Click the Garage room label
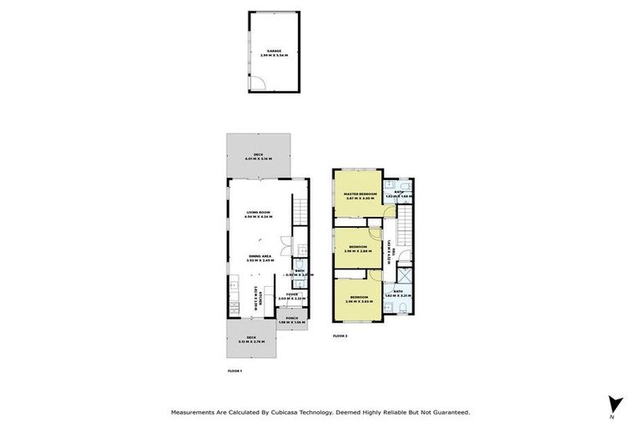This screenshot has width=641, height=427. point(274,52)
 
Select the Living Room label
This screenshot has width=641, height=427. point(259,213)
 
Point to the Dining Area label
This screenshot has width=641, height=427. point(260,257)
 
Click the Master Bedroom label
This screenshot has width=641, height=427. point(360,194)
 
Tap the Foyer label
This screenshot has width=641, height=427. point(292,294)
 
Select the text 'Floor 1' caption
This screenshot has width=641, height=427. point(235,369)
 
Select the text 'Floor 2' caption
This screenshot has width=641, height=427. point(340,335)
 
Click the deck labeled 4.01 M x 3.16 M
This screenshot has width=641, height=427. point(259,156)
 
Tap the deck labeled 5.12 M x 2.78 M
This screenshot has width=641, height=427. point(250,339)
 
